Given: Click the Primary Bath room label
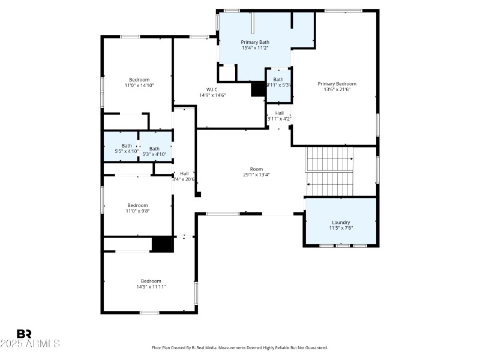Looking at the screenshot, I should pos(255,42).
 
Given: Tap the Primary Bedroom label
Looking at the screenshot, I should pos(337,84).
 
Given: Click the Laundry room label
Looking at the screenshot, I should pos(341,223).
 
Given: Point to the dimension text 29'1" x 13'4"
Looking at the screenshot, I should pos(256,175).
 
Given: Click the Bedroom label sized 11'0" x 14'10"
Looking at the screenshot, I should pos(139,80).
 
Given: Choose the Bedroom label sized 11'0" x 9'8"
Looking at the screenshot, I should pos(137,205).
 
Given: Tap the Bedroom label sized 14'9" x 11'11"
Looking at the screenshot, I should pos(151,281).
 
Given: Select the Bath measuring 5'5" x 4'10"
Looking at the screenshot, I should pos(127,146).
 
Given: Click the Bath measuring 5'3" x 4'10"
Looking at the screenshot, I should pos(155,149).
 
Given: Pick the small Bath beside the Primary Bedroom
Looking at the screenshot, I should pos(278,80).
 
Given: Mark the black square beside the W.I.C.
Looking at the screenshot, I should pos(258,89).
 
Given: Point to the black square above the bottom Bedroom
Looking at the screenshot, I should pos(161,245).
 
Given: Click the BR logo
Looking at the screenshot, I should pos(25,334).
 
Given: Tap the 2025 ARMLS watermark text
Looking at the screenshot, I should pos(30,344).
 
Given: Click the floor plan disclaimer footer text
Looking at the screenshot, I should pos(240,348).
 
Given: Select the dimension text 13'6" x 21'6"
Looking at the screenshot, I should pos(337,90).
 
